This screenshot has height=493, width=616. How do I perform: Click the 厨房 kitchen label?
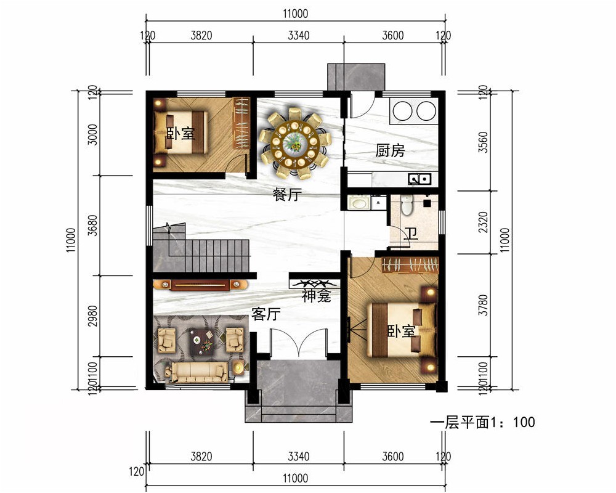click(x=390, y=150)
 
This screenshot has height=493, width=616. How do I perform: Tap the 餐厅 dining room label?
click(x=287, y=194)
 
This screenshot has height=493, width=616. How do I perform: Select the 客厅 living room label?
click(x=266, y=314)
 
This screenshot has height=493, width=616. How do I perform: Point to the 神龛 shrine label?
click(x=317, y=296)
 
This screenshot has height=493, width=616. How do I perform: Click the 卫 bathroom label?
click(x=411, y=234)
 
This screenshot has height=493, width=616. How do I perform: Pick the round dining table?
click(x=294, y=142)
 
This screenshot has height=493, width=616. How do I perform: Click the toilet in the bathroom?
click(x=407, y=205)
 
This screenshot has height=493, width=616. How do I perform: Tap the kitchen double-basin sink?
click(x=419, y=179)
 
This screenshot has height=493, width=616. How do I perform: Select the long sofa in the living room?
click(x=197, y=372)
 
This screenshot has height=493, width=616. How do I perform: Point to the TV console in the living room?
click(x=200, y=285)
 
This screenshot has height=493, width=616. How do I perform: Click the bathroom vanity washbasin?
click(x=359, y=203)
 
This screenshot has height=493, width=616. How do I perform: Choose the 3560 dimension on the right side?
click(x=484, y=142)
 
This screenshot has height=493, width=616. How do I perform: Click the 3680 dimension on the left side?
click(x=93, y=226)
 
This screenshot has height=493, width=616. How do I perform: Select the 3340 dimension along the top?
click(x=299, y=35)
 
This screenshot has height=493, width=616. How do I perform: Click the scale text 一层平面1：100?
click(x=482, y=422)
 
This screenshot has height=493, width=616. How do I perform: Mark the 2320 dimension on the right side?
click(x=484, y=222)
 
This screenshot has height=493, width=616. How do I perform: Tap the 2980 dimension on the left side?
click(x=93, y=316)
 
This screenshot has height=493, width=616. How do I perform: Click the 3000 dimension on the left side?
click(x=93, y=134)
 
